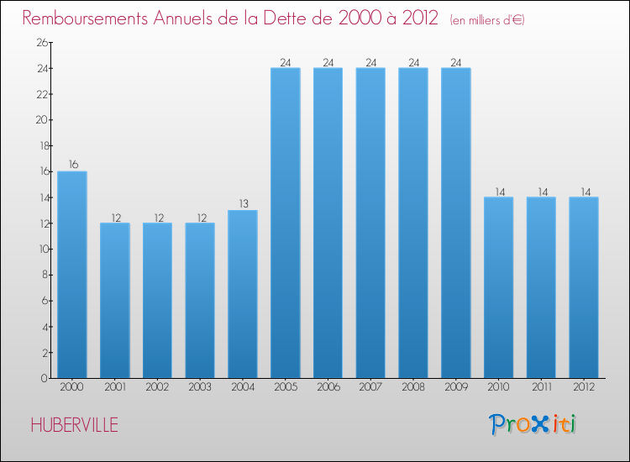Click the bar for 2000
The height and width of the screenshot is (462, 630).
72,275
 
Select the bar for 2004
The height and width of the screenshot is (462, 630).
243,294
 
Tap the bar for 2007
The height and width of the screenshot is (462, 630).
370,223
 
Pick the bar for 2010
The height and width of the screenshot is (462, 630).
498,287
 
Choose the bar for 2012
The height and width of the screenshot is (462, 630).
584,287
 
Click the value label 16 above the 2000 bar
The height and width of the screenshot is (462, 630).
73,165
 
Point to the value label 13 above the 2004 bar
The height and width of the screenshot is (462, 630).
243,203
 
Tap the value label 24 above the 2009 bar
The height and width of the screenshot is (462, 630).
455,61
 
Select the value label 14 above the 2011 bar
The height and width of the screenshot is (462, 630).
541,191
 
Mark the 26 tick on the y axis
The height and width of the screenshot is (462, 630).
40,43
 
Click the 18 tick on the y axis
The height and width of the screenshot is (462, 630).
40,146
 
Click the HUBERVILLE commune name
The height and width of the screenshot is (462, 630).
74,425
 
